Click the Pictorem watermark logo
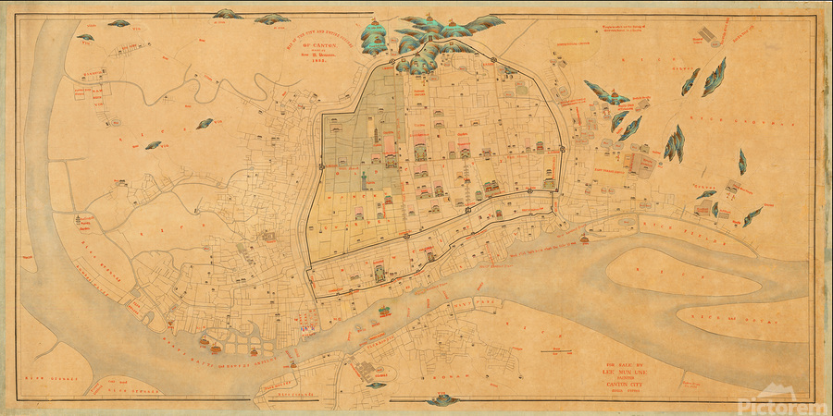(782, 404)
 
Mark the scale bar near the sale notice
(555, 349)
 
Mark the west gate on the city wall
(322, 165)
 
